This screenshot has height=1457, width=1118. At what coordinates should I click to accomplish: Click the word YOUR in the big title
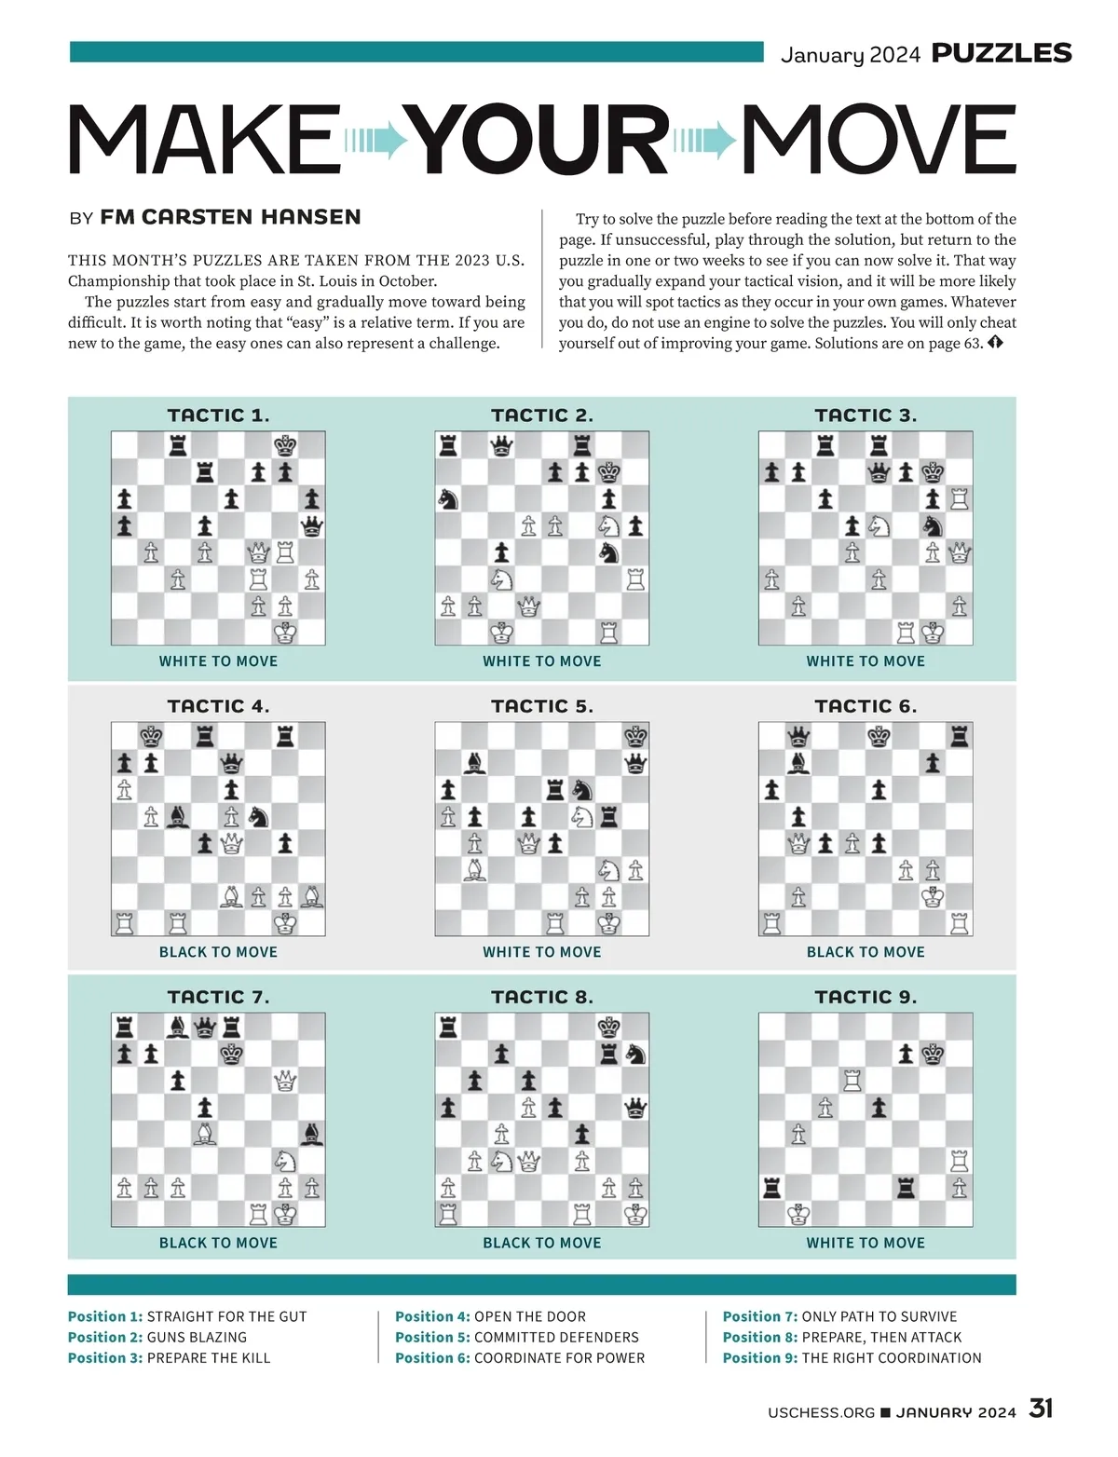coord(540,140)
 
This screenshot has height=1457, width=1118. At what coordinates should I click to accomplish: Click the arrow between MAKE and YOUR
coord(376,141)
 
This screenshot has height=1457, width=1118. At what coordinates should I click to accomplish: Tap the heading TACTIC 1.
coord(218,415)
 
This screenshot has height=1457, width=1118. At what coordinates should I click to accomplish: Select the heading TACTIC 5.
coord(541,706)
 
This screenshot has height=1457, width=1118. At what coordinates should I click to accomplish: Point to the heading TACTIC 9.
coord(866,997)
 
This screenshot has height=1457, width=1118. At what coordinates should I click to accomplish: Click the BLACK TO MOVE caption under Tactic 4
coord(218,952)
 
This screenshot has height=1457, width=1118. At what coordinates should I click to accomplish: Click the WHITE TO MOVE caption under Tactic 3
coord(866,661)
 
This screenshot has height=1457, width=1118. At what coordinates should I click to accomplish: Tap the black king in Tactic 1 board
coord(285,445)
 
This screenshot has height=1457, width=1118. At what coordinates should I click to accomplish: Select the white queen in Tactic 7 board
coord(285,1081)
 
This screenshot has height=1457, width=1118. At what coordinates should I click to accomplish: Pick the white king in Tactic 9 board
coord(798,1215)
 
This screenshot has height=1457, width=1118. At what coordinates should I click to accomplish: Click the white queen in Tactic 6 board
coord(798,844)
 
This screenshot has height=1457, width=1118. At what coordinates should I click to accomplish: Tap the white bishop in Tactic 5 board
coord(475,871)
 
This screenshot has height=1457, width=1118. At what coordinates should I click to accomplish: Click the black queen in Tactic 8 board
coord(635,1108)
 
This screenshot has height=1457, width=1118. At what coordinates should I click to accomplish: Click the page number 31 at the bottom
coord(1041,1408)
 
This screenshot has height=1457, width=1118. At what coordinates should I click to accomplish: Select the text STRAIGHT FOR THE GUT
coord(226,1316)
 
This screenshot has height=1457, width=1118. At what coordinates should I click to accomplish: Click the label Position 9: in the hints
coord(759,1357)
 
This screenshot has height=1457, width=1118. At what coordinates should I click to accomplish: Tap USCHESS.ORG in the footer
coord(821,1412)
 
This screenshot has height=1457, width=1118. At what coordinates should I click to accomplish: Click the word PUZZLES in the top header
coord(1002,53)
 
